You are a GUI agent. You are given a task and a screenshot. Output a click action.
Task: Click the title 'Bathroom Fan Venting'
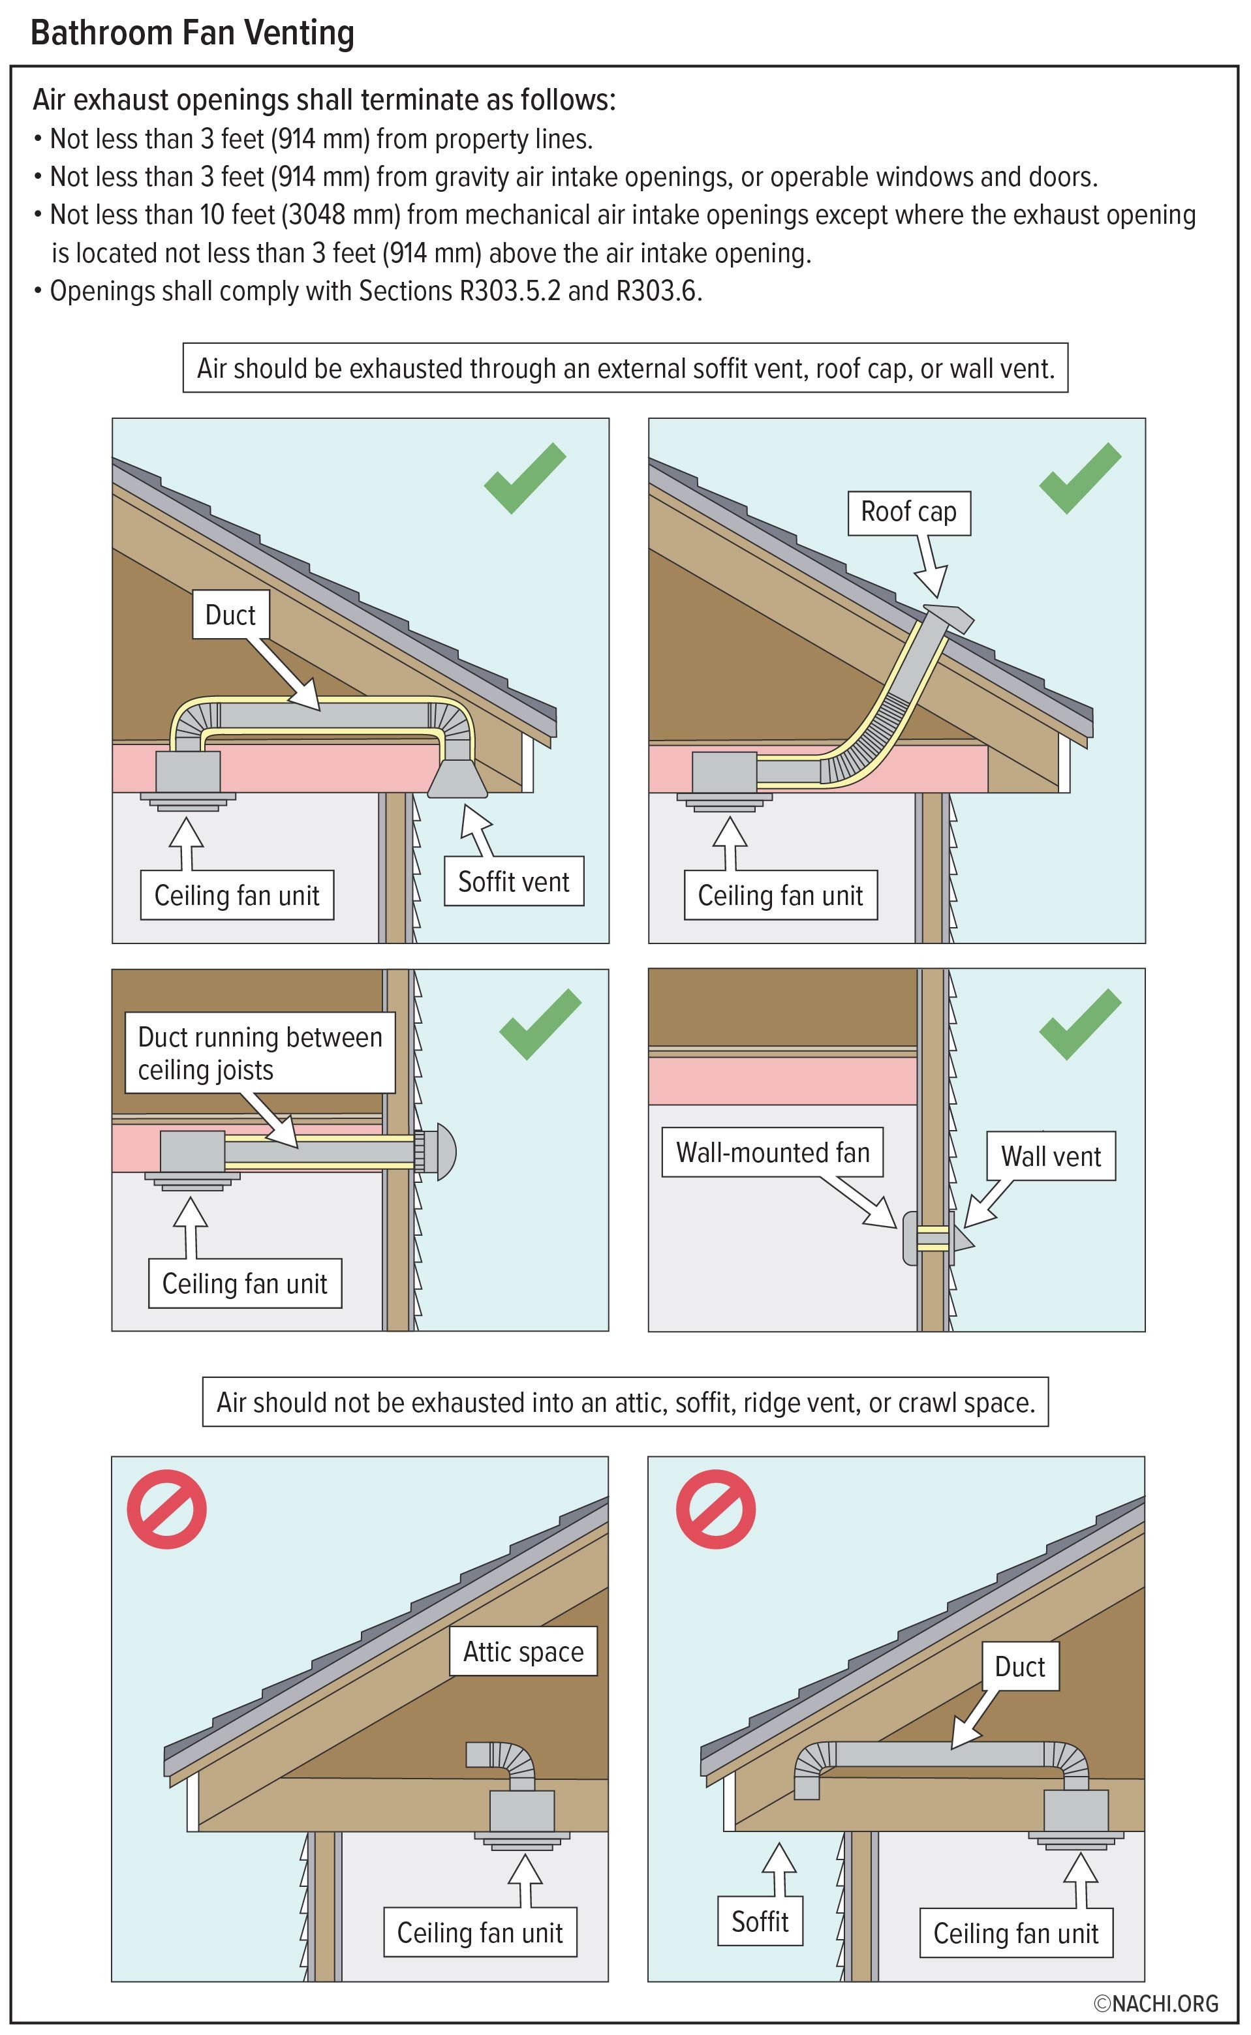(192, 33)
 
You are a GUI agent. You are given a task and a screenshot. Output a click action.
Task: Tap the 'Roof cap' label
(908, 512)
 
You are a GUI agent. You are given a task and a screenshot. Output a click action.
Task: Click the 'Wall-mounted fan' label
(773, 1152)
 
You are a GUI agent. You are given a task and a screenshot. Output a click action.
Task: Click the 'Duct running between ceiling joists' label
(260, 1053)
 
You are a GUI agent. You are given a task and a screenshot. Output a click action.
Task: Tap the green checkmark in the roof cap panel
(1080, 478)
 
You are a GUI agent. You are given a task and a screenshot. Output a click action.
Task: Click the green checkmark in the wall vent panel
(1080, 1024)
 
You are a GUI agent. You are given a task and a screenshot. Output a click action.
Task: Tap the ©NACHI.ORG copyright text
(1156, 2003)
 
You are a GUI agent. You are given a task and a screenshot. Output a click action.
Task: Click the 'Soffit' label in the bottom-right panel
(760, 1921)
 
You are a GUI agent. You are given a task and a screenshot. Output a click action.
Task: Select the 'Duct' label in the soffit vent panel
(231, 615)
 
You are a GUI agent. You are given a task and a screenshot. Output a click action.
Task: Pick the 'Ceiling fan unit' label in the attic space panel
(480, 1933)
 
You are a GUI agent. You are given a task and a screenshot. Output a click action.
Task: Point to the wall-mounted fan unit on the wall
(910, 1238)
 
